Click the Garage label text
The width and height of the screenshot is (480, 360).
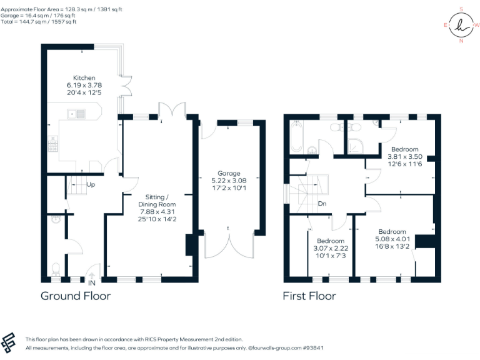click(229, 173)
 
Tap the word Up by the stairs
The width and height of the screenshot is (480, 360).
click(91, 185)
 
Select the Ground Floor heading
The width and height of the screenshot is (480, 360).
click(76, 296)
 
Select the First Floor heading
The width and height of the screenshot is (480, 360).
click(309, 296)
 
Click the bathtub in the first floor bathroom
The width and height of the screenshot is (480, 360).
click(296, 136)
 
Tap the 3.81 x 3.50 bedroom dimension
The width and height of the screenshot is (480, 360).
click(406, 156)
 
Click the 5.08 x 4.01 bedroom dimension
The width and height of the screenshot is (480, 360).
click(392, 238)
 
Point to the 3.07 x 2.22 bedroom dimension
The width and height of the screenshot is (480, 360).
click(330, 248)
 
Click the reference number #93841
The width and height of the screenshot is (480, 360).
click(339, 347)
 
